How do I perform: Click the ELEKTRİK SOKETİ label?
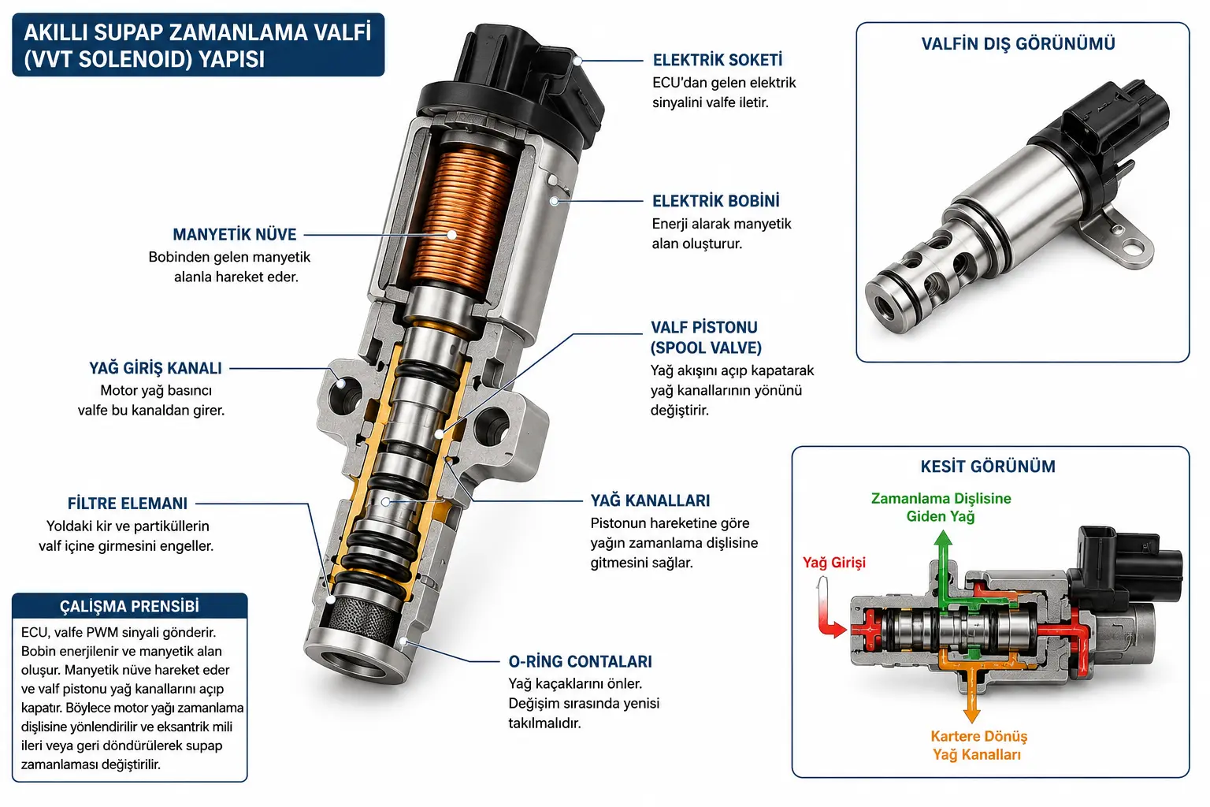click(x=718, y=60)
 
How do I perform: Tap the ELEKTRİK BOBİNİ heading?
click(x=716, y=201)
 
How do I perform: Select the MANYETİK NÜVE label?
click(x=235, y=235)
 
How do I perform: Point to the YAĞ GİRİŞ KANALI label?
click(x=155, y=368)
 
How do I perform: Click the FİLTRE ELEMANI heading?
click(x=128, y=504)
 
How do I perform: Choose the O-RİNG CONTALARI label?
click(x=580, y=662)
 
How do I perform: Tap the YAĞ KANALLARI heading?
click(x=651, y=500)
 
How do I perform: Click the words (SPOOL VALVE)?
click(x=706, y=348)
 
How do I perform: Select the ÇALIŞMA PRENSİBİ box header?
click(x=130, y=607)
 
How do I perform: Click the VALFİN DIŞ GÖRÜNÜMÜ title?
click(x=1019, y=44)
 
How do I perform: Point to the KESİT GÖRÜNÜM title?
click(x=988, y=467)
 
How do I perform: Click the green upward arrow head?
click(x=943, y=538)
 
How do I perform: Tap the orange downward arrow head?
click(x=972, y=715)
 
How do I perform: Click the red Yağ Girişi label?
click(x=834, y=563)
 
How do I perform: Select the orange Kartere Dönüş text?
click(x=979, y=736)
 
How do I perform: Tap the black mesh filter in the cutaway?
click(x=365, y=616)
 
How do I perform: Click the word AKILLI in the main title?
click(x=56, y=32)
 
